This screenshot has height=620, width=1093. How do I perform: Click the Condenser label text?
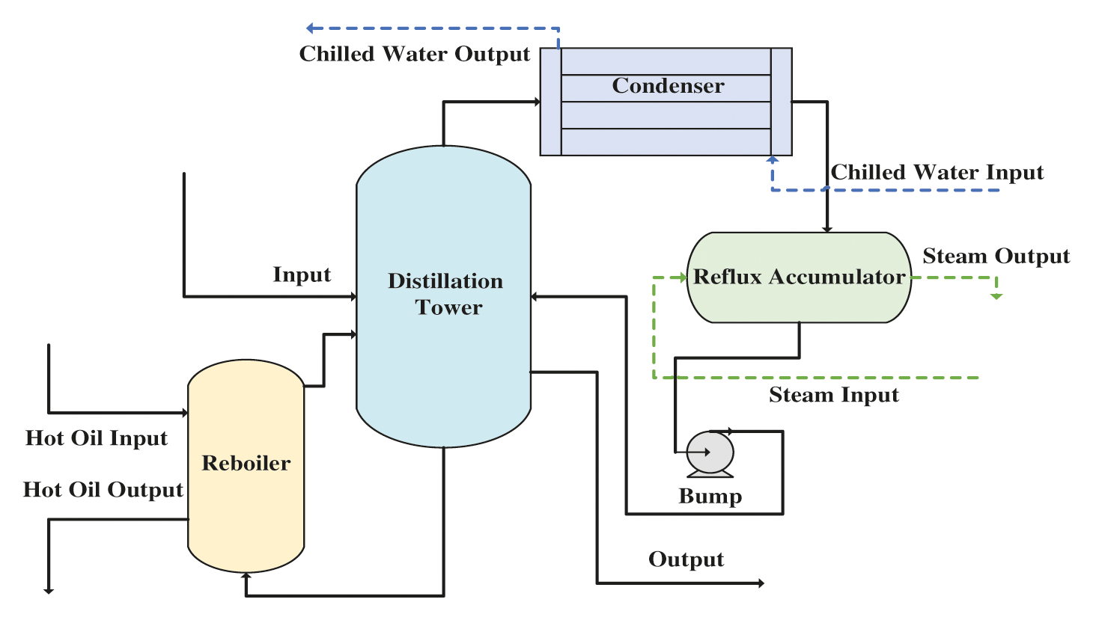[668, 86]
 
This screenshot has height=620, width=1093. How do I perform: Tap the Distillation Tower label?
[445, 294]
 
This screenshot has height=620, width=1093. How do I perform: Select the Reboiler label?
[246, 463]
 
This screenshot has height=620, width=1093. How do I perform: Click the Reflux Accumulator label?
[800, 277]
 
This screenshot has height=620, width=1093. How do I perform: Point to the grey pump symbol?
[710, 453]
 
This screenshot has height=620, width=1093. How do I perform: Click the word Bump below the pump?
[710, 497]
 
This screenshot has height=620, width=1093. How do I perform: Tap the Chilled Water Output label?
[414, 54]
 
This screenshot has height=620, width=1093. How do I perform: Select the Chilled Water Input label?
[937, 173]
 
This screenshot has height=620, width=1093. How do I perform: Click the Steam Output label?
[996, 257]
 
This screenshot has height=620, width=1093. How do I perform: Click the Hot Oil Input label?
[97, 438]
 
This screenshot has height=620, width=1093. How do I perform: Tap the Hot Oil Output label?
[103, 490]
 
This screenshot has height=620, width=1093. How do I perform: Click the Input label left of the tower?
[302, 275]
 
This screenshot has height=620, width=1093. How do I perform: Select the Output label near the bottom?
[686, 559]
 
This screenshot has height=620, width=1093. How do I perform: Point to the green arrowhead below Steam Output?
[996, 296]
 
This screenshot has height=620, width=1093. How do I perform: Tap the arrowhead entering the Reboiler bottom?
[246, 576]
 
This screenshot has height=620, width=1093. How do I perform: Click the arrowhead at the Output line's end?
[761, 583]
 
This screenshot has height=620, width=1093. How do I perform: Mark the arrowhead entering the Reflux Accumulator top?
[827, 229]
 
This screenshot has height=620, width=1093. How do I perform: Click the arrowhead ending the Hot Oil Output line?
[49, 591]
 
